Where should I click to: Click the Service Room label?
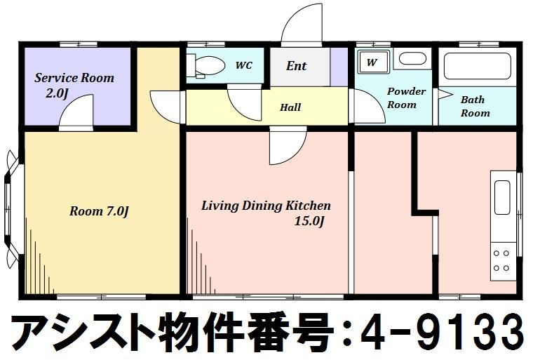[x=74, y=78]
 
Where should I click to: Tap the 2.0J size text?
[x=57, y=93]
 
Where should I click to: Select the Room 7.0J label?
[x=99, y=211]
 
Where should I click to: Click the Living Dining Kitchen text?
[x=266, y=206]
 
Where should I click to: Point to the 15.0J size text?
[x=309, y=221]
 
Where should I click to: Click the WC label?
[x=244, y=65]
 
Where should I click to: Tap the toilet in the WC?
[x=206, y=66]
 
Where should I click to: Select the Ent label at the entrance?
[x=296, y=66]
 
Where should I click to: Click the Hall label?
[x=290, y=107]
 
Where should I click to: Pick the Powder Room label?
[x=406, y=98]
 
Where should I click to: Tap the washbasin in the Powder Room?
[x=412, y=58]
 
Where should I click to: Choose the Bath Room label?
[x=475, y=106]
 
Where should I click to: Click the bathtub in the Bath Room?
[x=478, y=66]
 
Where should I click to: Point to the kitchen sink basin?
[x=502, y=197]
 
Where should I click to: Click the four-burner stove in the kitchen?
[x=501, y=260]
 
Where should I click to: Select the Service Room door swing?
[x=76, y=112]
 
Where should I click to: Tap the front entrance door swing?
[x=302, y=25]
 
